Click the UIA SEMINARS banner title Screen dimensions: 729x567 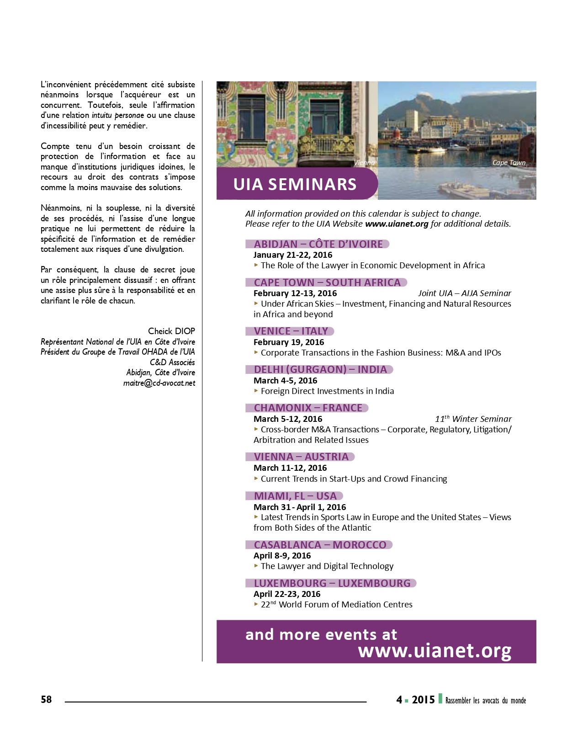295,184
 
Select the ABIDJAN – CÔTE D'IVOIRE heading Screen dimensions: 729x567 318,244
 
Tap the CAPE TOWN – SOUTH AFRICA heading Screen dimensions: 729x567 327,282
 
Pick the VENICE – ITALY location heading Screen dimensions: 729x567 291,331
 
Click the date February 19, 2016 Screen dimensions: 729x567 289,342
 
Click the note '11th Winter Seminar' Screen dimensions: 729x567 473,419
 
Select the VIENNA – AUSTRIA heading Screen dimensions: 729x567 301,457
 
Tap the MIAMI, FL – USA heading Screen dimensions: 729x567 295,496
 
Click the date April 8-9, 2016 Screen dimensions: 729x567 282,555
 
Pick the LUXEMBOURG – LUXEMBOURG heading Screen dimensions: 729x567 332,583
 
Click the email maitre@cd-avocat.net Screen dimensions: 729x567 159,383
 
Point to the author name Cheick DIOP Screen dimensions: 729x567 171,331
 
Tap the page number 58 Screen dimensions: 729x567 46,699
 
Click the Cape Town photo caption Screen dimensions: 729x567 509,163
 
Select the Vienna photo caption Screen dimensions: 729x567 364,163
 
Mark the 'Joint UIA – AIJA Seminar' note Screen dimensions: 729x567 464,293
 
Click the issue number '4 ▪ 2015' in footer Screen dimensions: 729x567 415,700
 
